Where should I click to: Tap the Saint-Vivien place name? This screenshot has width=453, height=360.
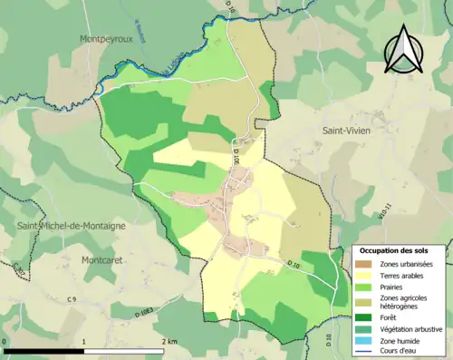[x=351, y=131]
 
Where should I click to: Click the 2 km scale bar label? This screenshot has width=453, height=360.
[x=169, y=341]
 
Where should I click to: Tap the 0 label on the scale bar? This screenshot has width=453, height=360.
[x=5, y=341]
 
